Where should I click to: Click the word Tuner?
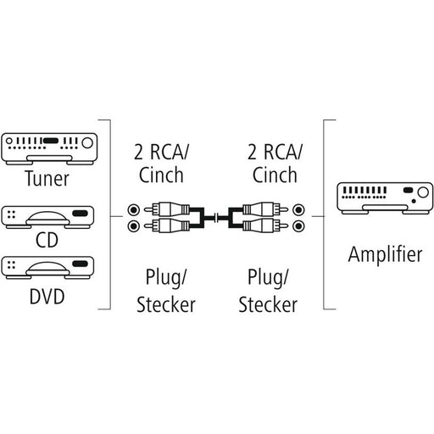47,179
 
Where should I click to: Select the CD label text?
47,240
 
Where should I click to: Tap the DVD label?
47,296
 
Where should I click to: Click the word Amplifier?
385,254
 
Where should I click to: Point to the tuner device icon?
49,149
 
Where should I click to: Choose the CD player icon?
47,217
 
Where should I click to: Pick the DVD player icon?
47,268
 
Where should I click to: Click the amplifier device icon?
385,198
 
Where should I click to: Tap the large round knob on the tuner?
87,142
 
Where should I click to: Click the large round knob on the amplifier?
423,192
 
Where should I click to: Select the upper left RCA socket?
134,210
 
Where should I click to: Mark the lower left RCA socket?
134,226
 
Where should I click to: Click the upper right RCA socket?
298,210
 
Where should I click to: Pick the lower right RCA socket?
298,226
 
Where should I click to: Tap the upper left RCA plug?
167,209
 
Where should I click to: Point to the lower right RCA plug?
265,225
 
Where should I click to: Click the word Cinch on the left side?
161,175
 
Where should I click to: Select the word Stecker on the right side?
268,304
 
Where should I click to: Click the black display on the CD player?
81,213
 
